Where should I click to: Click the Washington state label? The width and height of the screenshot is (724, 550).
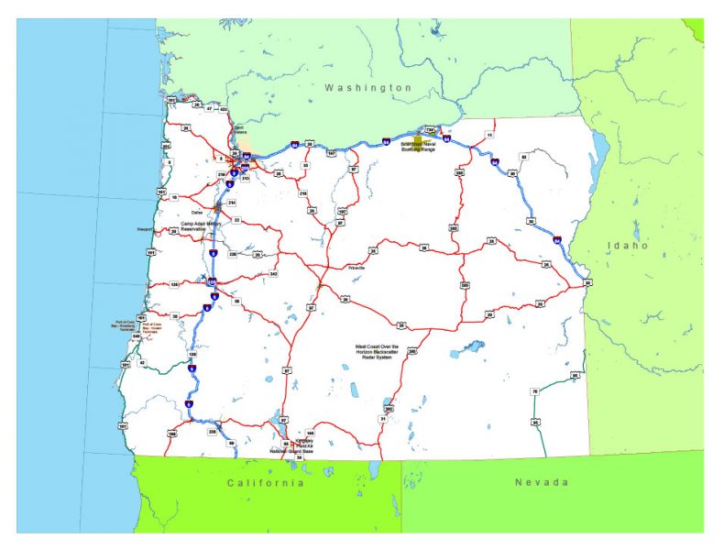click(368, 87)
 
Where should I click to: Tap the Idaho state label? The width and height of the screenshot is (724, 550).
click(628, 246)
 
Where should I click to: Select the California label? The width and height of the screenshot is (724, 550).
click(266, 482)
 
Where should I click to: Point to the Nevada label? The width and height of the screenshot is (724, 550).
click(541, 482)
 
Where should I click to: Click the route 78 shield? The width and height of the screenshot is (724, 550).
click(534, 391)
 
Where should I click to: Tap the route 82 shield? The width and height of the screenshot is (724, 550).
click(523, 158)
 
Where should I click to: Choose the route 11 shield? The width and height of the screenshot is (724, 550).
click(489, 135)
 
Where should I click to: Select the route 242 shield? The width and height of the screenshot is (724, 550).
click(273, 274)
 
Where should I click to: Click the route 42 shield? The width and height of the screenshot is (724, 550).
click(142, 362)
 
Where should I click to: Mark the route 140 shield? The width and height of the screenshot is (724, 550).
click(311, 433)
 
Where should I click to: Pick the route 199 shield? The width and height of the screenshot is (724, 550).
click(171, 434)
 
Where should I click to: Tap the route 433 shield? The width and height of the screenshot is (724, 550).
click(223, 108)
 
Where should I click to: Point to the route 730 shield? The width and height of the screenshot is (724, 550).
click(430, 130)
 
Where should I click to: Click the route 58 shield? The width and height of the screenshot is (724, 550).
click(236, 302)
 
